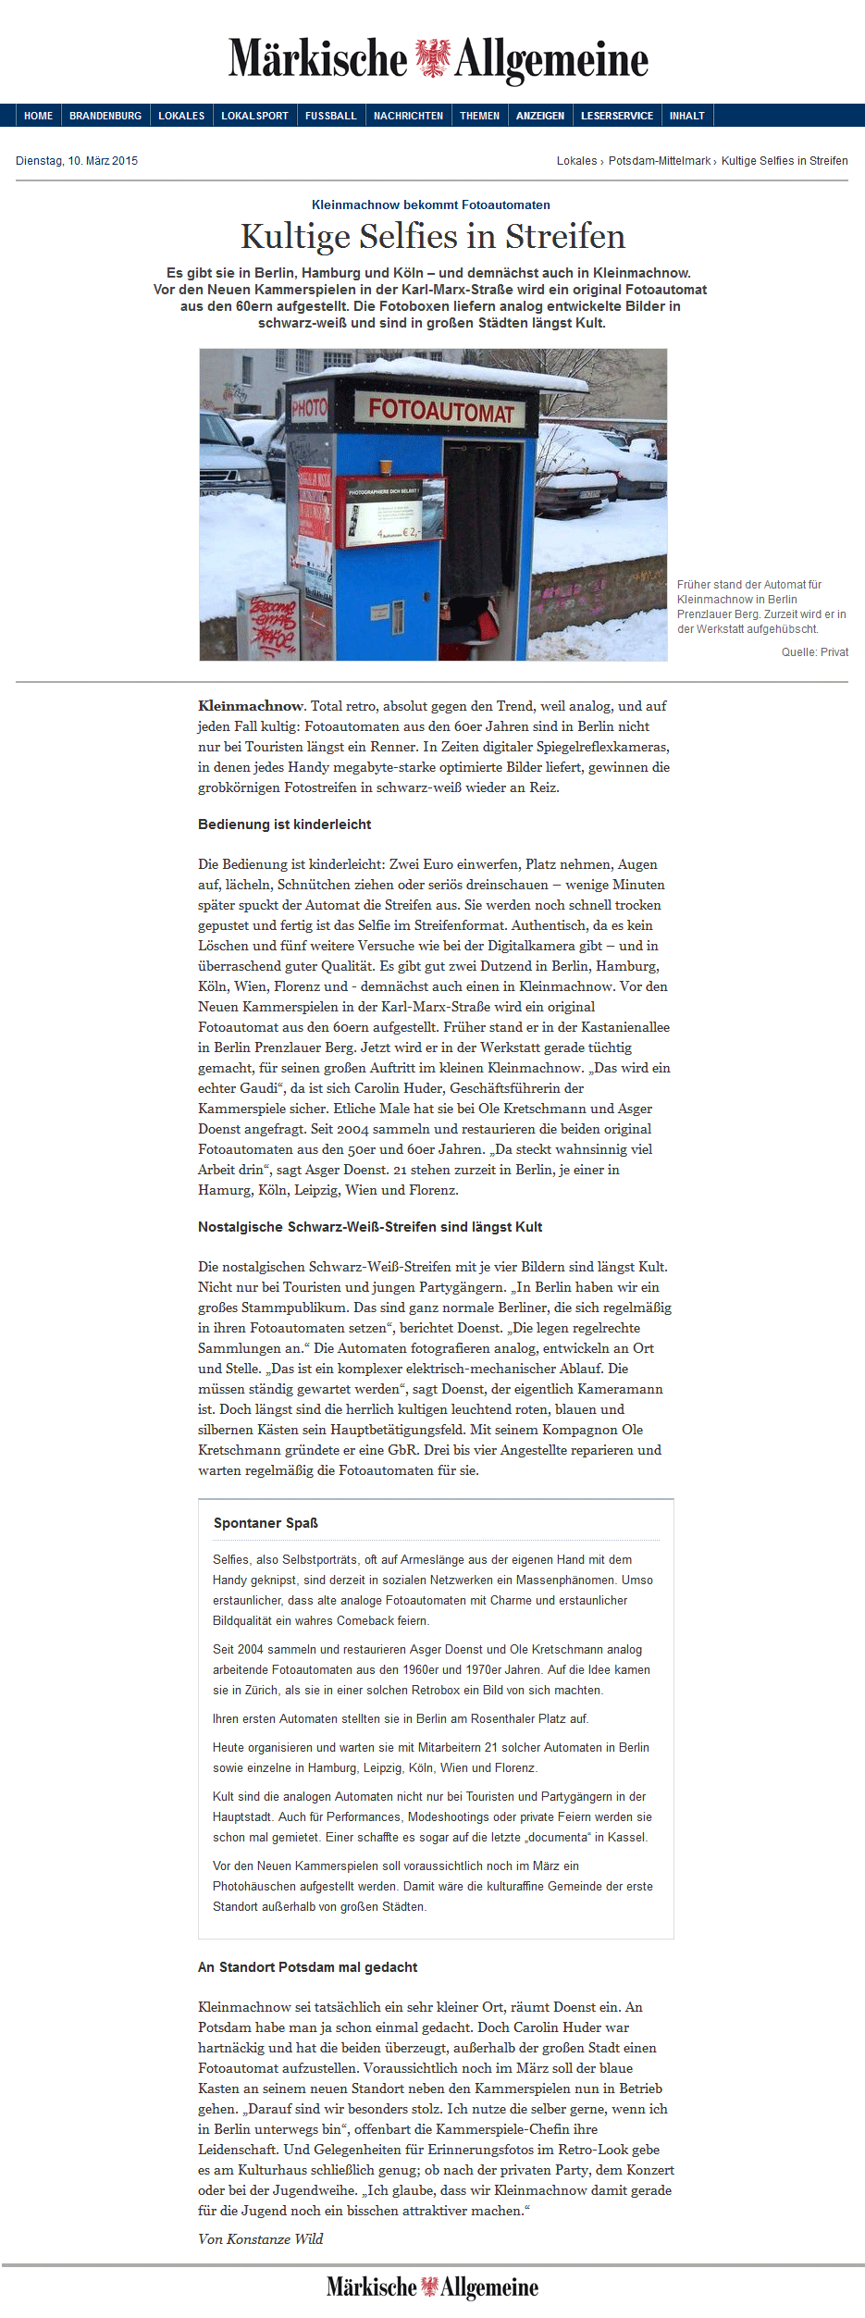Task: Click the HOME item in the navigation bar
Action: [38, 116]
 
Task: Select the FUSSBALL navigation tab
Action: [330, 116]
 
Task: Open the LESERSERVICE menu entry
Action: [616, 116]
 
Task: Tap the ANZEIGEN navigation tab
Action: [539, 116]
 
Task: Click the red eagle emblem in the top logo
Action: [432, 57]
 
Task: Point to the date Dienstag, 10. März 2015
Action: [77, 161]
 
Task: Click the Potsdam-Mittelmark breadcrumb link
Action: [659, 161]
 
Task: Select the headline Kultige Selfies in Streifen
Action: [432, 237]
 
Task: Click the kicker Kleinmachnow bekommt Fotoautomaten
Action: [430, 205]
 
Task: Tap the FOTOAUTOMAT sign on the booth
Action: [440, 409]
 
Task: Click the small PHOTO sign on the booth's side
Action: [309, 407]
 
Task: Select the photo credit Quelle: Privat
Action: [814, 652]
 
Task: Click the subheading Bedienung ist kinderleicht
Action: [284, 824]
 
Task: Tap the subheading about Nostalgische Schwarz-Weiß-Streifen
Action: [369, 1227]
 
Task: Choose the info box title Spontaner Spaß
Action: [266, 1523]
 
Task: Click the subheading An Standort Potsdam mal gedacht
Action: [307, 1967]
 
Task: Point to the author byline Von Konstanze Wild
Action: [261, 2239]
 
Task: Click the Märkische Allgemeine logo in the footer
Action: [432, 2287]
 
